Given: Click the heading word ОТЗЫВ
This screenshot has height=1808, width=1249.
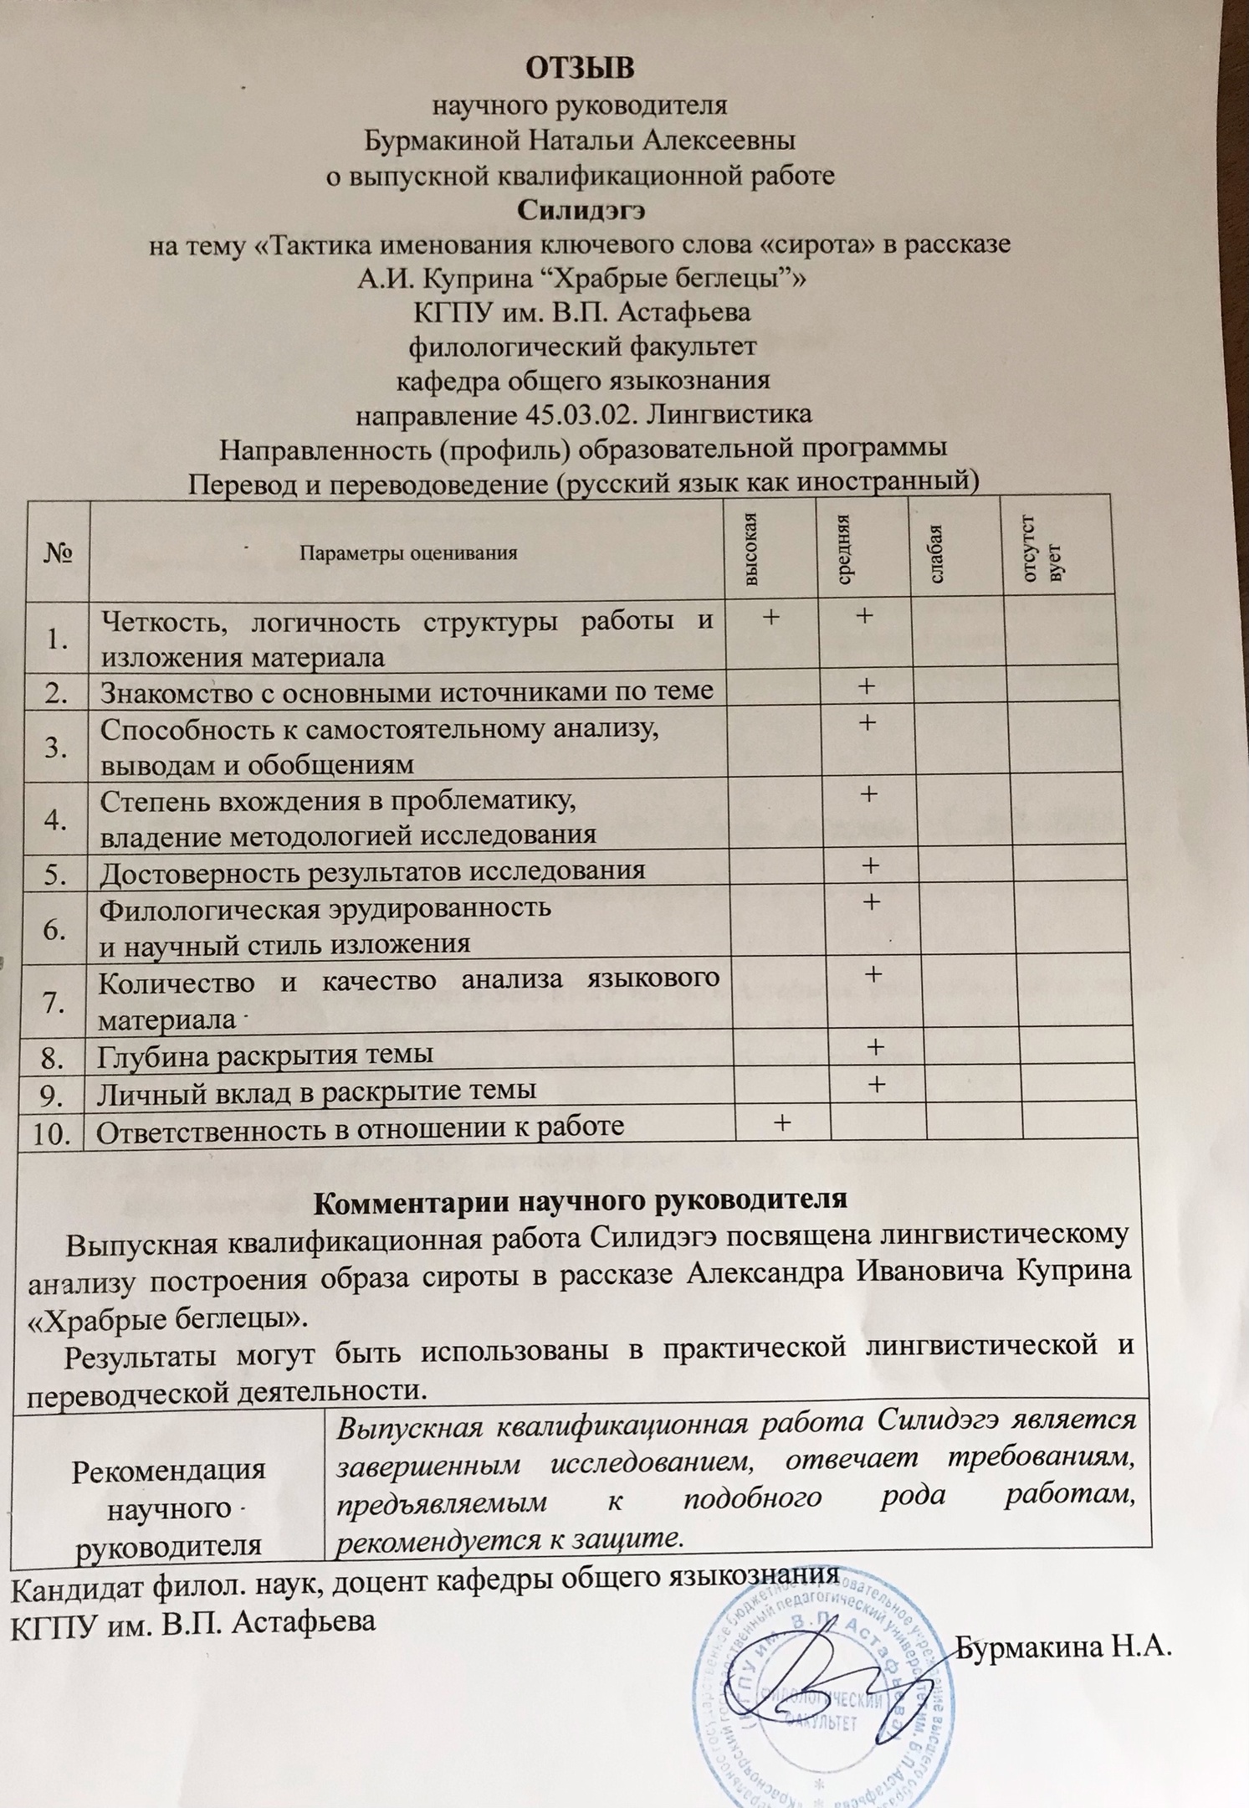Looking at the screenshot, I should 580,68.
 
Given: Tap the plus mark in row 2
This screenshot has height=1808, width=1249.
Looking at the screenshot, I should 866,687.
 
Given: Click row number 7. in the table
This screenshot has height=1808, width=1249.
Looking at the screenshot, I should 54,1001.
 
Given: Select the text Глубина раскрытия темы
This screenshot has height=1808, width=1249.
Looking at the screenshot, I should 265,1054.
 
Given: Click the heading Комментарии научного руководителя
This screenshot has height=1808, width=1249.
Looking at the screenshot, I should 580,1199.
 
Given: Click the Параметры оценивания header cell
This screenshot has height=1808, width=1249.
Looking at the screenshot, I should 408,552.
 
